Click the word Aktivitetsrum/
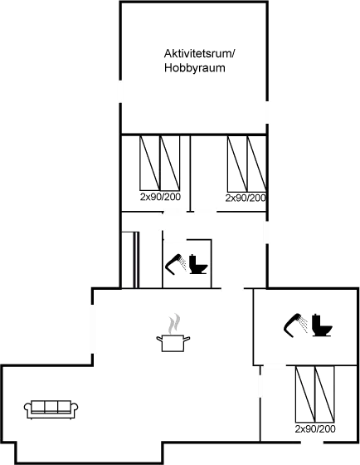(x=199, y=55)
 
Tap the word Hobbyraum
(x=196, y=69)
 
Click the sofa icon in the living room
(x=51, y=408)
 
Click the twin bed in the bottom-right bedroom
(x=315, y=394)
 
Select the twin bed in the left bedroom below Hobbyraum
(x=160, y=163)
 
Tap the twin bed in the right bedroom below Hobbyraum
(x=246, y=163)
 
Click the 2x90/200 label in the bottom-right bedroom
(x=315, y=429)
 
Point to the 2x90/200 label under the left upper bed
(x=160, y=198)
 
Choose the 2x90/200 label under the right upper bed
(x=246, y=198)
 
